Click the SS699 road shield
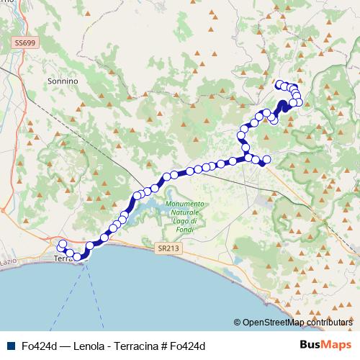pos(24,44)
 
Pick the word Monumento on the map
pos(185,204)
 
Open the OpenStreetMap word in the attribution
pos(271,323)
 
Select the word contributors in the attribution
pos(328,323)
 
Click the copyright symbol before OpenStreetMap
pos(237,323)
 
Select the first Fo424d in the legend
pos(37,346)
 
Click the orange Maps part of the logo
pos(336,346)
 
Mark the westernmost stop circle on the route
pos(62,244)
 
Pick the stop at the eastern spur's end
pos(266,159)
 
